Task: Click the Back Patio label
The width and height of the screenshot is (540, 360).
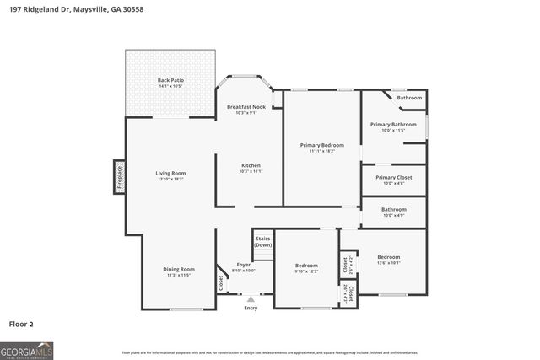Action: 170,80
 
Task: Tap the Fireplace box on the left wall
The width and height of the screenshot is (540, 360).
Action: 120,178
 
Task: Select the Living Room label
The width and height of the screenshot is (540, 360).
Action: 170,174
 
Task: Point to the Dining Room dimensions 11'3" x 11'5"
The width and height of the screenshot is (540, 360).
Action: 179,275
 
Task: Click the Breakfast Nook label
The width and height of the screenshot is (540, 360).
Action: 246,106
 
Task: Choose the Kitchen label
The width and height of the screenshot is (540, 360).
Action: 251,165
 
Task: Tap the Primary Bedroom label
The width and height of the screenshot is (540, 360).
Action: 321,145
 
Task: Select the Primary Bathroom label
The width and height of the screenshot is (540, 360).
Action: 393,125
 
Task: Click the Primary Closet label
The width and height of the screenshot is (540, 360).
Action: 393,177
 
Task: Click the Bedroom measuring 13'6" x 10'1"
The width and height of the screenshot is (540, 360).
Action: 389,257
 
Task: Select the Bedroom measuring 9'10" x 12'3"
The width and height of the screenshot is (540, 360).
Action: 305,266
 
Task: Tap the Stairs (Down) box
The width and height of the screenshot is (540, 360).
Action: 263,242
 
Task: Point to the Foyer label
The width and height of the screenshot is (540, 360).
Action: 243,265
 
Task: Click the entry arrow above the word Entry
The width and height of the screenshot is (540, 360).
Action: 250,298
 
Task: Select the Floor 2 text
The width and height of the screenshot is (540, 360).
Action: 22,323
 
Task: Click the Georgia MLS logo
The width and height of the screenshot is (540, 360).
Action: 27,350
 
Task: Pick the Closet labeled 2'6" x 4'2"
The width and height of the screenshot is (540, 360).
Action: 345,264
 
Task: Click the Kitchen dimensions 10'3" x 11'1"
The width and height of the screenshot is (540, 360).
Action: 251,171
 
